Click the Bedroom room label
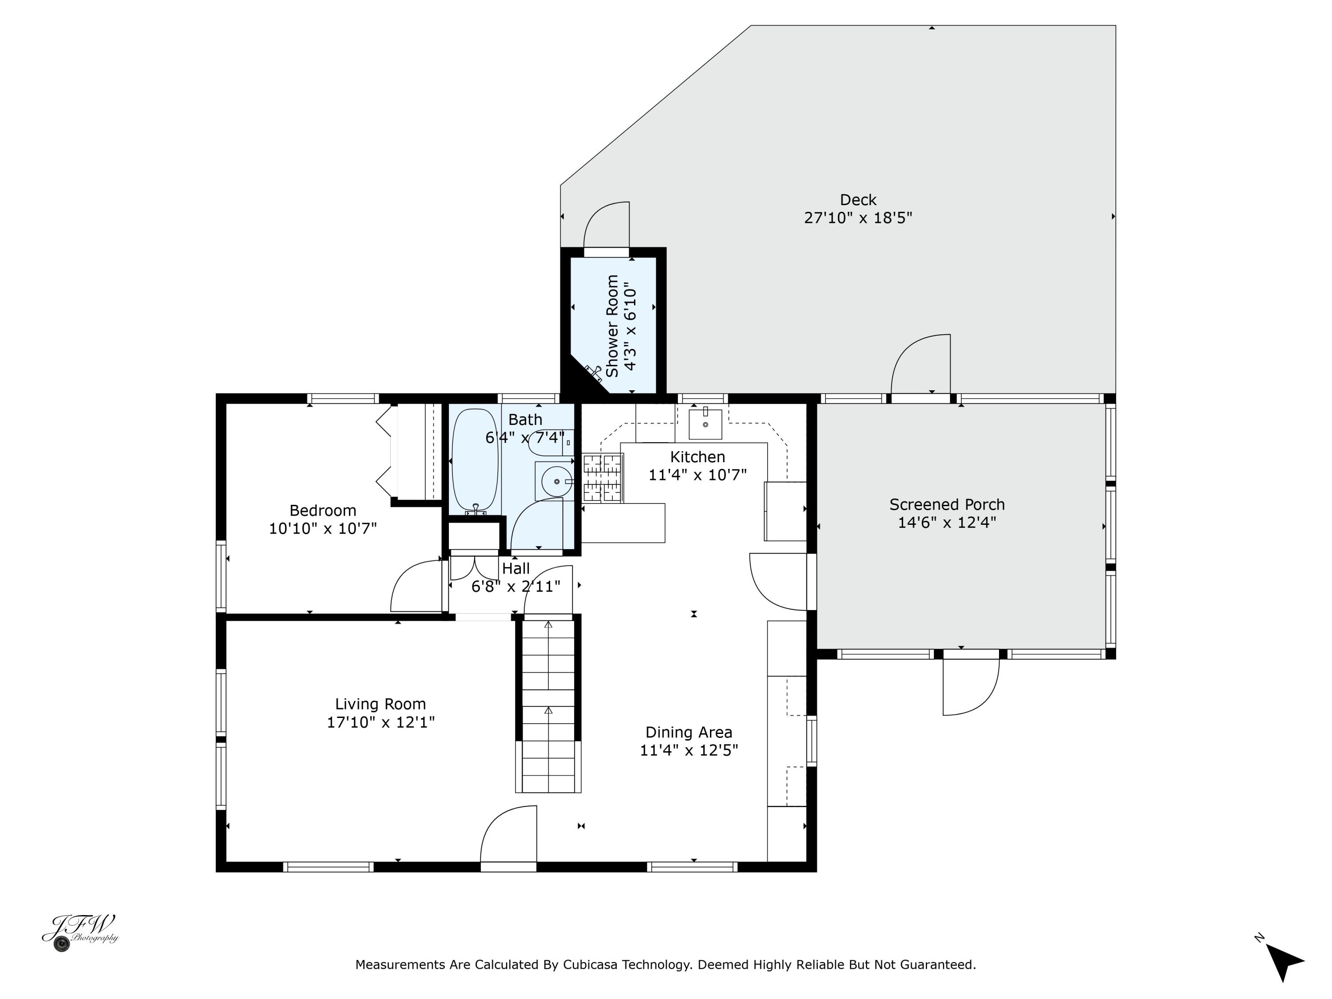point(323,511)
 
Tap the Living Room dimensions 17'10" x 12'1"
point(381,722)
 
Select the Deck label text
point(858,200)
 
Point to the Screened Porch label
point(947,505)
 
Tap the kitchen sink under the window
point(705,424)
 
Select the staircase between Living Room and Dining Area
point(548,706)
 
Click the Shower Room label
point(612,326)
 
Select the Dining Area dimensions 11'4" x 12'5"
point(689,750)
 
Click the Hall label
point(516,568)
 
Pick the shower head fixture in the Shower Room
point(593,373)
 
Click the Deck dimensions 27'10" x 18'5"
point(858,218)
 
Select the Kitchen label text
point(698,457)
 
